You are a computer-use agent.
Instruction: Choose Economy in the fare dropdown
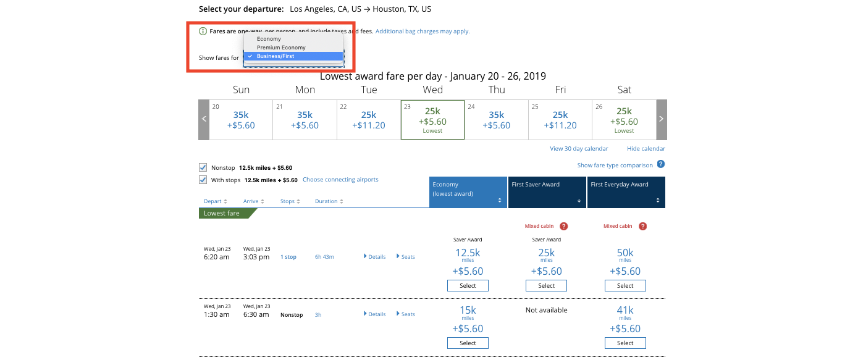coord(269,39)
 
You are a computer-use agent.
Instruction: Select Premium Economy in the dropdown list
coord(281,48)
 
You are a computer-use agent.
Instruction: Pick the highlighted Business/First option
coord(275,56)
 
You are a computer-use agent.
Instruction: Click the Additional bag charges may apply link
coord(423,31)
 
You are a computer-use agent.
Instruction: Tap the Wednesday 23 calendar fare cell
coord(432,120)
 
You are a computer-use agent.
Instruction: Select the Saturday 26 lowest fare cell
coord(624,120)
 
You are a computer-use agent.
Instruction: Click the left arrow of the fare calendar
coord(204,119)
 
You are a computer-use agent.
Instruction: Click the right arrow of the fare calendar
coord(661,119)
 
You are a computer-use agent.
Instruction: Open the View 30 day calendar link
coord(579,149)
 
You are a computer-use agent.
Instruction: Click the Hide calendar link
coord(646,149)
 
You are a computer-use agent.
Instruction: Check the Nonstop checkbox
coord(203,167)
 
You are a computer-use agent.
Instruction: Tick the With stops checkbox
coord(203,180)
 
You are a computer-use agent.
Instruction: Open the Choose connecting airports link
coord(340,180)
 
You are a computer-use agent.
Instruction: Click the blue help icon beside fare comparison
coord(661,164)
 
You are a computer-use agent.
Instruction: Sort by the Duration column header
coord(329,201)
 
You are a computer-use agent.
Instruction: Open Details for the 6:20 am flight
coord(375,257)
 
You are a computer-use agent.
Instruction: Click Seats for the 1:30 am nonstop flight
coord(406,314)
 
